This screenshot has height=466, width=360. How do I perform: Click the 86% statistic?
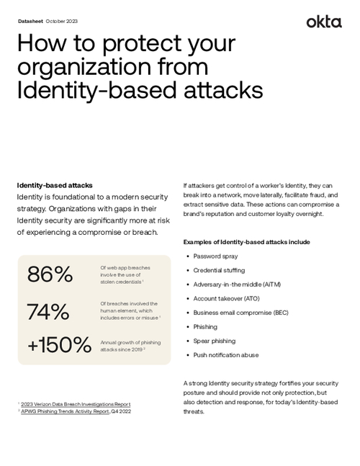tap(50, 274)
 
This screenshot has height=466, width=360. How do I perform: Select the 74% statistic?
tap(48, 311)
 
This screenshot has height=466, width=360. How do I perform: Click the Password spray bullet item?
tap(216, 256)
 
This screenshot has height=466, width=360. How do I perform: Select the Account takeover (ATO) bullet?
tap(227, 298)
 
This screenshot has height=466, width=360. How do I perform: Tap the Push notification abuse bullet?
tap(226, 355)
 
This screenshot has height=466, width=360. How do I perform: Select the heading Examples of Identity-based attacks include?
tap(246, 241)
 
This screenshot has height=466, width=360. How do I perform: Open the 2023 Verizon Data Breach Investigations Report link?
tap(76, 405)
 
